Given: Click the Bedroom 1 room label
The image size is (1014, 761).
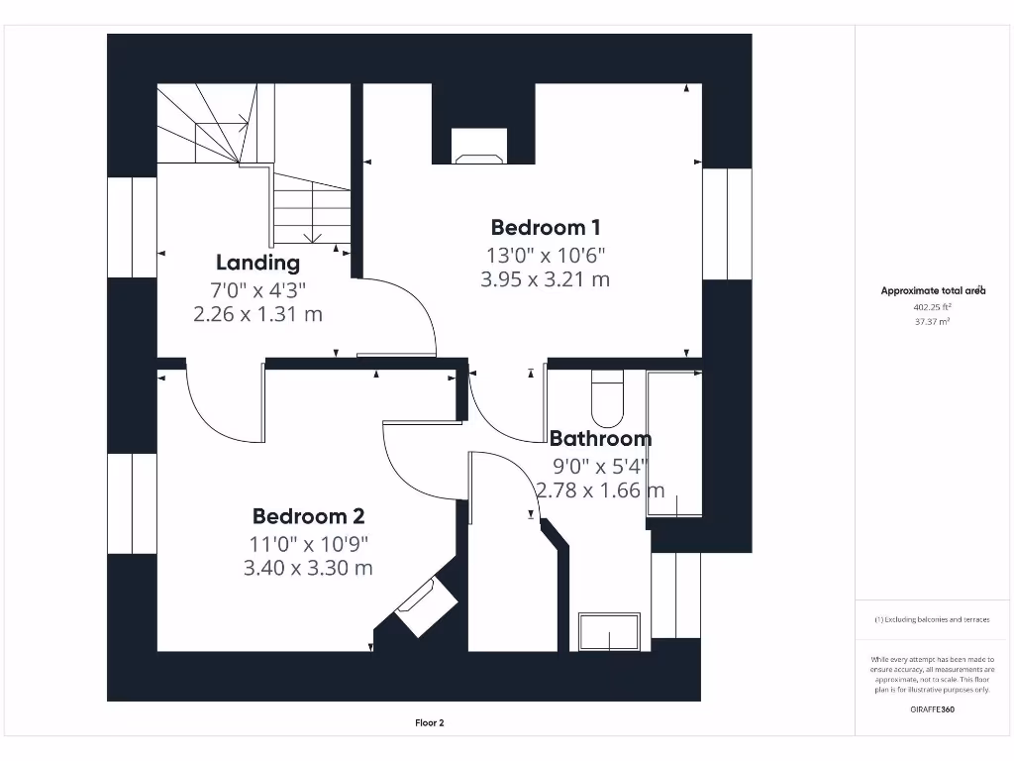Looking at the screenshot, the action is (546, 227).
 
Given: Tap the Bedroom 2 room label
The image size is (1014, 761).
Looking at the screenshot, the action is (309, 515).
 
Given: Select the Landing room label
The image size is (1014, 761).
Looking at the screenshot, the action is (258, 262).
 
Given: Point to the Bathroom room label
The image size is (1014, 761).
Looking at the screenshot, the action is (601, 439).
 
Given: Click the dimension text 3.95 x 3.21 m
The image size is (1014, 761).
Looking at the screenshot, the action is (546, 278).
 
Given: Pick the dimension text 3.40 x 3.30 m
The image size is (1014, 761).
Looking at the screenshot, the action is (308, 568).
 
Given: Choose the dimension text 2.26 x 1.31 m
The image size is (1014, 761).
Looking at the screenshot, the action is (258, 314).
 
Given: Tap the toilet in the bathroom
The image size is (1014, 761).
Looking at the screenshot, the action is (607, 398).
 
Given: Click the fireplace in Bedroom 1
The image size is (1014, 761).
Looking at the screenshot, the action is (479, 147).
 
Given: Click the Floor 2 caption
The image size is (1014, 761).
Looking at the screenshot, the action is (430, 722).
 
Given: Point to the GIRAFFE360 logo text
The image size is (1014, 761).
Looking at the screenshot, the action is (932, 709).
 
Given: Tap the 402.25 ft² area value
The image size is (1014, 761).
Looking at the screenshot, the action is (932, 307).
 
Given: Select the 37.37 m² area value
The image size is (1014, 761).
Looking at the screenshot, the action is (932, 322).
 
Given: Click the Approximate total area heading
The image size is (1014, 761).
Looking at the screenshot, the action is (933, 290).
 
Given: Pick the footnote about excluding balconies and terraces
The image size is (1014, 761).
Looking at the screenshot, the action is (932, 619).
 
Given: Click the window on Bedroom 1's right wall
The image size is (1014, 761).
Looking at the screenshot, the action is (728, 224).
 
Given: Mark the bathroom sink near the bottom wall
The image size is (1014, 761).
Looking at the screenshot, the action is (609, 631).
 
